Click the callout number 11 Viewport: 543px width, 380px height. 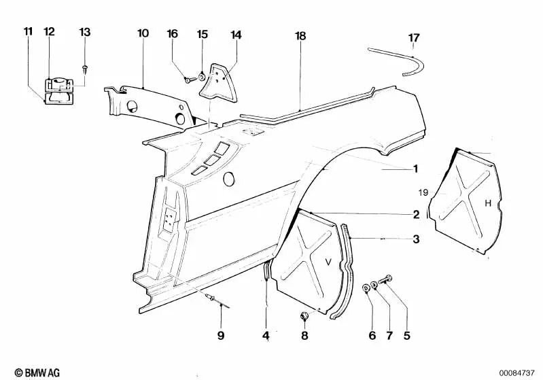[x=27, y=32]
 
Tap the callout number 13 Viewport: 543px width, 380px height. [x=84, y=32]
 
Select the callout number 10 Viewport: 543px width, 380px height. [x=143, y=33]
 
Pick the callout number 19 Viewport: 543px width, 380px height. [x=423, y=193]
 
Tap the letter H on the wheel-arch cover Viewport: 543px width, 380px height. [x=487, y=203]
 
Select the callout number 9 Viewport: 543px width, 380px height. [x=220, y=334]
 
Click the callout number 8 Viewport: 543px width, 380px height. [x=304, y=335]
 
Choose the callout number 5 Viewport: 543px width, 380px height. [x=407, y=335]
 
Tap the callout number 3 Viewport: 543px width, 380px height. [x=416, y=239]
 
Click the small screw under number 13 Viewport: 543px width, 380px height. [x=84, y=67]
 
